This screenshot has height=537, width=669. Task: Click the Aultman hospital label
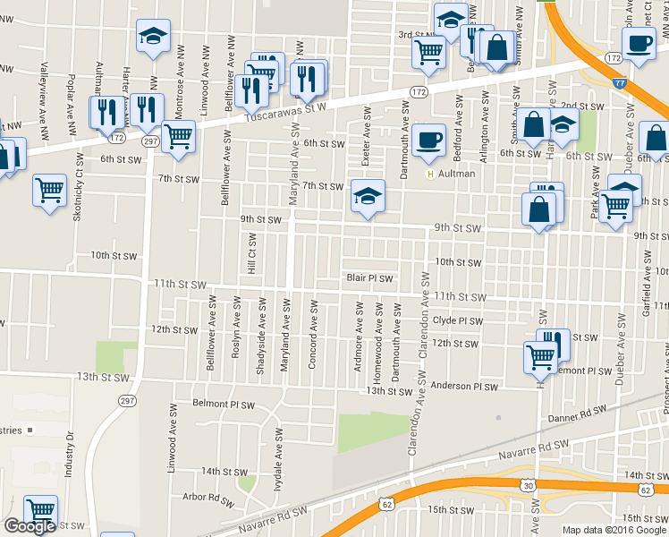[x=456, y=174]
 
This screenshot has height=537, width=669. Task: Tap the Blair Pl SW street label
[x=369, y=278]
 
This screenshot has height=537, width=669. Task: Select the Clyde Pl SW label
[x=457, y=320]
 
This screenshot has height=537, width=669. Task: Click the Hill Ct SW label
[x=252, y=255]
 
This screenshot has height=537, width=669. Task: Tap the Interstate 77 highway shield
[x=620, y=82]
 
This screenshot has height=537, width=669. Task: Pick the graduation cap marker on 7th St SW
[x=368, y=196]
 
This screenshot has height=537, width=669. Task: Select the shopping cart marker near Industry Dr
[x=40, y=511]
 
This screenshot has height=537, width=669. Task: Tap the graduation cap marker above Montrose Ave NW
[x=152, y=37]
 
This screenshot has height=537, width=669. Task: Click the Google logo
[x=30, y=526]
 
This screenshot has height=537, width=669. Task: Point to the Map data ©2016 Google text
[x=614, y=530]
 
